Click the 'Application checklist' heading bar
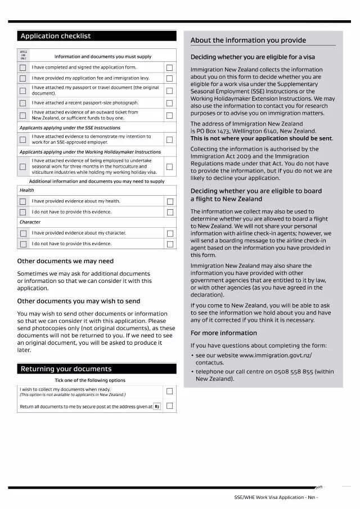(96, 36)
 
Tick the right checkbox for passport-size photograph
(169, 103)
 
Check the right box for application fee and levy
(169, 78)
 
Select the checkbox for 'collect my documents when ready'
(169, 391)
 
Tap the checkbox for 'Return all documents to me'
(169, 406)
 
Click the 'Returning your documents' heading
(96, 369)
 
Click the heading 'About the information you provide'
(248, 40)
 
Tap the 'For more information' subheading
(223, 333)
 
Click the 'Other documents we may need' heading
(65, 261)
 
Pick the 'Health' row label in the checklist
(27, 190)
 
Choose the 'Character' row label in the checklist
(30, 222)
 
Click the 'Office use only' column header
(23, 55)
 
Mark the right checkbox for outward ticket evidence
(169, 115)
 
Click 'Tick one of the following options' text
(90, 381)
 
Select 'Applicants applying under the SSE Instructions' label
(70, 128)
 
